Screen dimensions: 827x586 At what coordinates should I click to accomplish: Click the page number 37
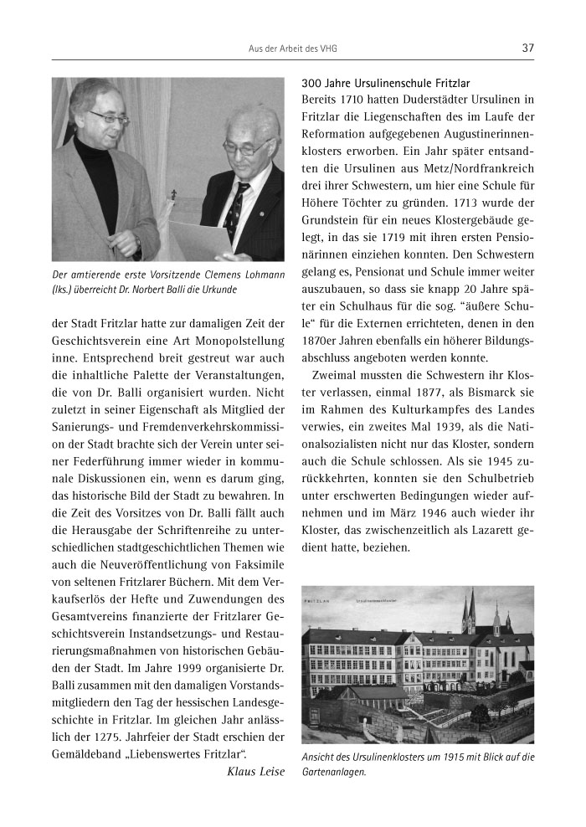point(527,48)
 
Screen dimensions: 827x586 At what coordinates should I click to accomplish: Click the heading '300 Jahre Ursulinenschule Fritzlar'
point(385,83)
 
